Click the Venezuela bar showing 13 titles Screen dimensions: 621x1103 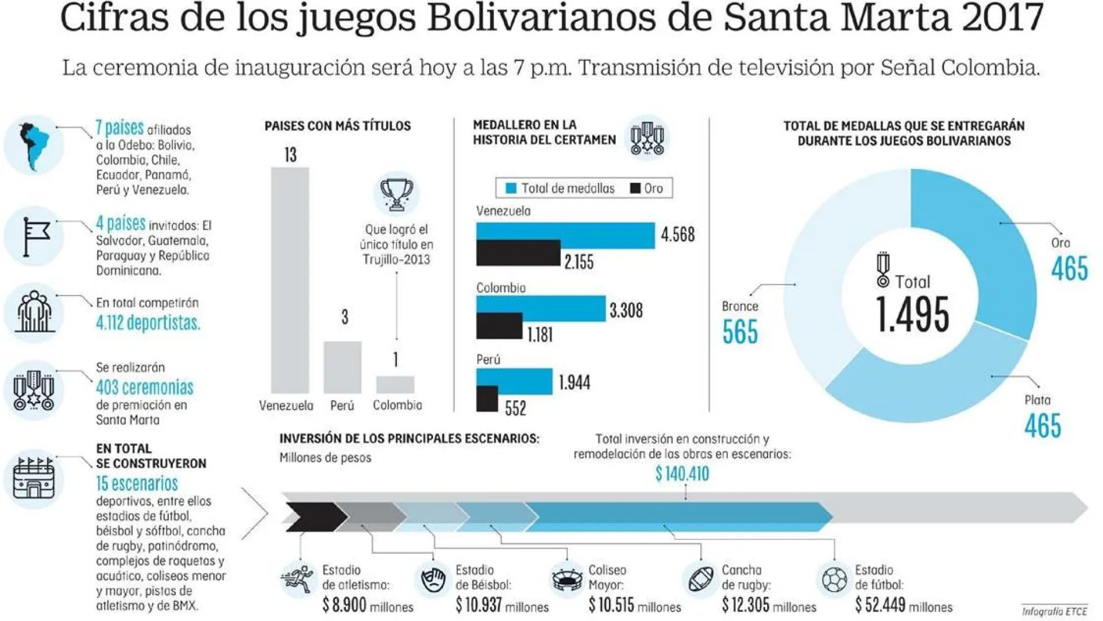[290, 280]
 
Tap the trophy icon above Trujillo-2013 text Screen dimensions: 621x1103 [396, 194]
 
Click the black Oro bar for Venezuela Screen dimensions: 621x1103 [518, 253]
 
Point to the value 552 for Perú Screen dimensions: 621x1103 [515, 408]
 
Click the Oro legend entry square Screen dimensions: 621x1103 [635, 188]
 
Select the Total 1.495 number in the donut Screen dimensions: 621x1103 [912, 315]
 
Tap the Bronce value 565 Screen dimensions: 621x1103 [740, 332]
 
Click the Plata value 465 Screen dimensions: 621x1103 [1043, 426]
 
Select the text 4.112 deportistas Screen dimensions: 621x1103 [148, 323]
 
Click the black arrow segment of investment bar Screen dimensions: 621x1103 [313, 516]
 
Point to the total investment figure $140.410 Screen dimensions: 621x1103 [682, 474]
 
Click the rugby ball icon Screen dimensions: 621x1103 [701, 580]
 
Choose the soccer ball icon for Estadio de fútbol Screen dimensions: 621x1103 [834, 580]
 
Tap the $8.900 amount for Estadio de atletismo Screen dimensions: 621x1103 [344, 605]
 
